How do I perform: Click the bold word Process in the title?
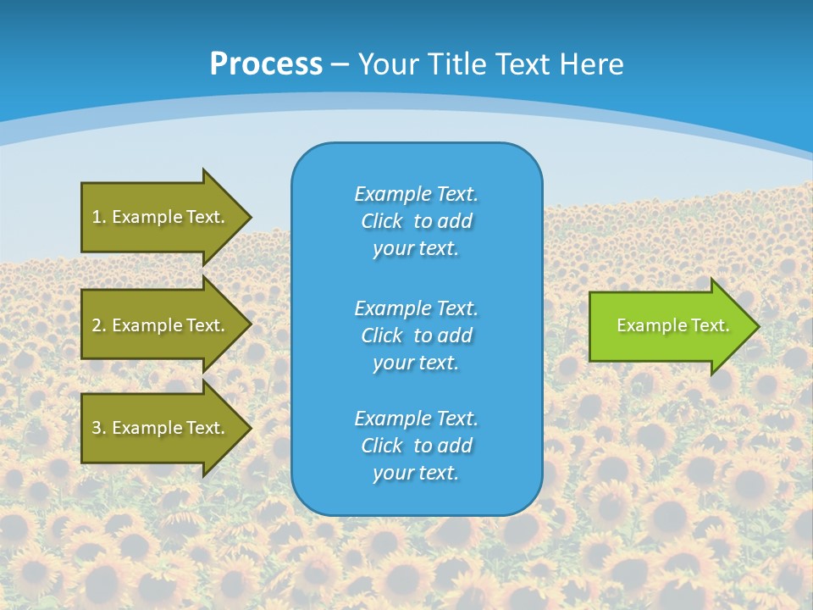(266, 64)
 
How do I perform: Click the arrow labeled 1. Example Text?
(158, 217)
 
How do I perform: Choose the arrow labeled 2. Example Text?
(158, 325)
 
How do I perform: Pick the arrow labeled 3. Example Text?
(158, 428)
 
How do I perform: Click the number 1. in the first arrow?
(99, 217)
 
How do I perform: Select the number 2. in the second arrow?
(99, 325)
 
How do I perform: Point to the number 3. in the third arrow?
(99, 428)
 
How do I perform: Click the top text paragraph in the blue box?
(416, 221)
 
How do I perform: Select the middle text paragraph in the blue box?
(416, 335)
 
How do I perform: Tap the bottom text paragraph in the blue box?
(416, 446)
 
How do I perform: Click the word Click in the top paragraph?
(382, 221)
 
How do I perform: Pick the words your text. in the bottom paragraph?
(416, 473)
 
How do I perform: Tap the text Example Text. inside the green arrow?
(672, 325)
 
